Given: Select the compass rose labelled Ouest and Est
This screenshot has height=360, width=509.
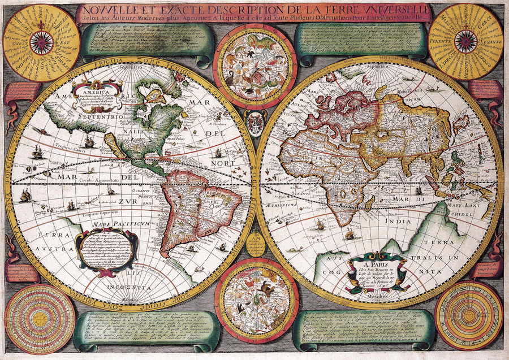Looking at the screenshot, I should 41,42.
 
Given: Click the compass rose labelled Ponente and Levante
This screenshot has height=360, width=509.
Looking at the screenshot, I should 465,42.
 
